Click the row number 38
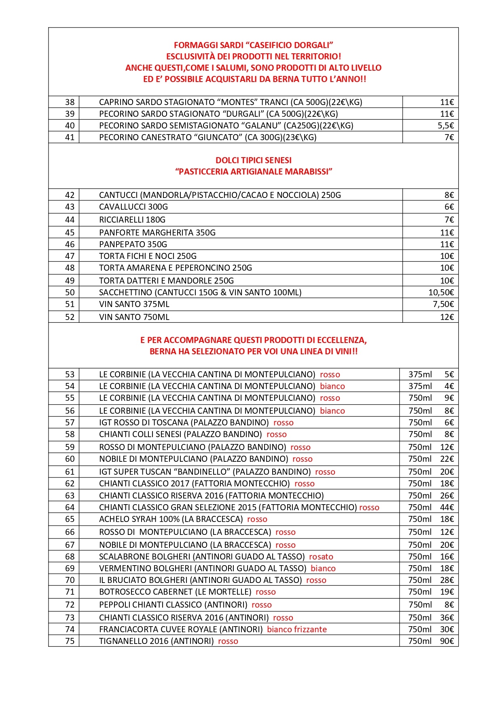[70, 102]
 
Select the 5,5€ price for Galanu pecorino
[446, 126]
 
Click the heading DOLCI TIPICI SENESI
[253, 160]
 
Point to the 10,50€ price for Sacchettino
[441, 292]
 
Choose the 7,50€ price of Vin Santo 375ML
[443, 304]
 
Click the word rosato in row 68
[321, 557]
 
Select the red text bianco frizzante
[297, 629]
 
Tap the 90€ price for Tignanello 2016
[447, 641]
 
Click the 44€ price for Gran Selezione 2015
[447, 507]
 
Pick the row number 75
[70, 641]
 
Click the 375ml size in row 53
[420, 374]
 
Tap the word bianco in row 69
[323, 568]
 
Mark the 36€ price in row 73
[447, 618]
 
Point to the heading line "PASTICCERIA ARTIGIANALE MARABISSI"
[253, 172]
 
